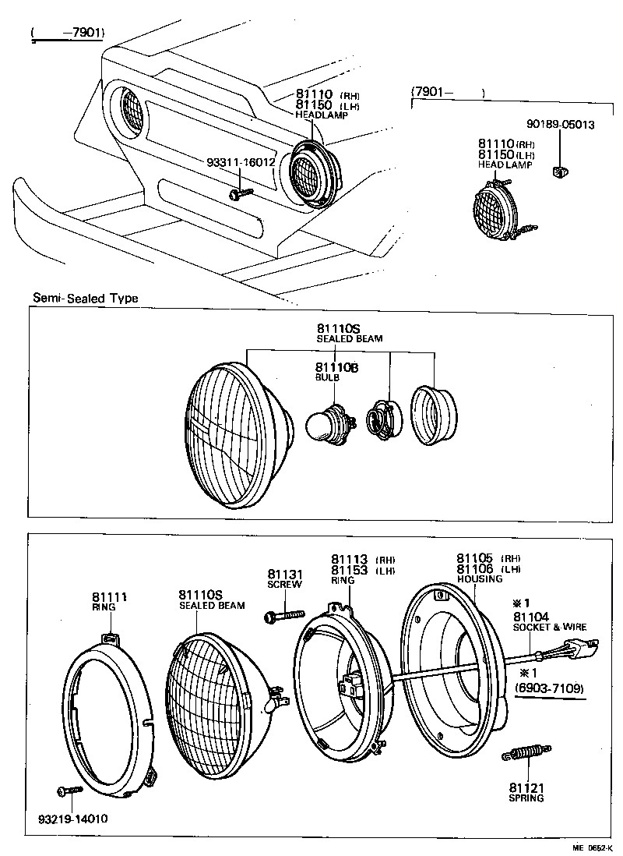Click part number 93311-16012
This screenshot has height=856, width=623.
pos(241,162)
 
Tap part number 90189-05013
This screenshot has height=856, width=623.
pos(560,124)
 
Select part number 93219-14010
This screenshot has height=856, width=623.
pos(72,819)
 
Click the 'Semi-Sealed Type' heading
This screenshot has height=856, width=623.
pos(86,298)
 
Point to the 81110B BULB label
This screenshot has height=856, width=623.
pos(336,371)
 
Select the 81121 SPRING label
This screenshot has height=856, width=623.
pos(526,792)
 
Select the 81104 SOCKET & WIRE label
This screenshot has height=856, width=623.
pos(550,621)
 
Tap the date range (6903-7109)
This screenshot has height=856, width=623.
pos(550,688)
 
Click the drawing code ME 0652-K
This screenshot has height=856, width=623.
pos(594,847)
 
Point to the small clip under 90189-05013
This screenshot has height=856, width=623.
pos(558,172)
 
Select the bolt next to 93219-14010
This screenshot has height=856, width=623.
pos(69,791)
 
